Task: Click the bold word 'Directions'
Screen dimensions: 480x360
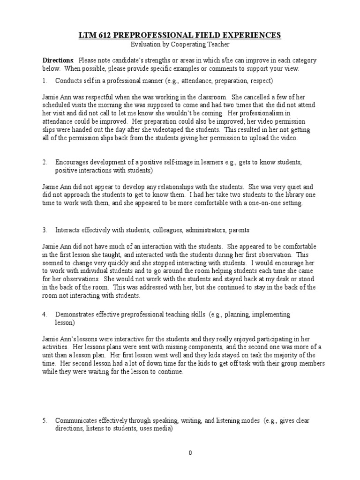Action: (x=58, y=60)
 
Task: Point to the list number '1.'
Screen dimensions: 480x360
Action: (x=45, y=81)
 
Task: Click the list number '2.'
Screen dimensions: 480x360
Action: (x=45, y=162)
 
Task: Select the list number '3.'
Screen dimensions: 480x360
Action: (x=45, y=230)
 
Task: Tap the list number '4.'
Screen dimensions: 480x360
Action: (x=45, y=314)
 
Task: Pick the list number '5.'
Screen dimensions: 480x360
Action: (x=45, y=420)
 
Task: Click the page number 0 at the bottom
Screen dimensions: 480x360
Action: (x=190, y=453)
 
